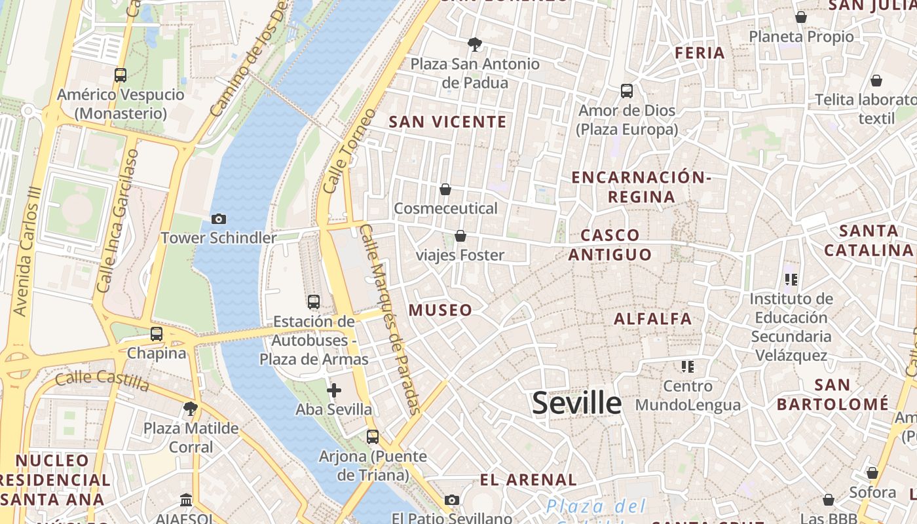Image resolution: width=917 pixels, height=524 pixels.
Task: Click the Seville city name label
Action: tap(576, 402)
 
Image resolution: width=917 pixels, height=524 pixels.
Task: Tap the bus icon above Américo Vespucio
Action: tap(120, 75)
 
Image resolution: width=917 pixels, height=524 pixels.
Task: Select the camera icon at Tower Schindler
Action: tap(219, 219)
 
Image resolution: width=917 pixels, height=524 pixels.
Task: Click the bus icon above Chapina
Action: tap(156, 334)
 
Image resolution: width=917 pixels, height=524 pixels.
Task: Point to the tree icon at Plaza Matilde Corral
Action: tap(191, 409)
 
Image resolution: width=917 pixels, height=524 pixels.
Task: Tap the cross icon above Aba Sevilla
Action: tap(334, 390)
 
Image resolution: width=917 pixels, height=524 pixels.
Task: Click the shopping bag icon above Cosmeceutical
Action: tap(445, 189)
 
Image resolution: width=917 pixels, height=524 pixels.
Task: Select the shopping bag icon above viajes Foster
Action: tap(460, 236)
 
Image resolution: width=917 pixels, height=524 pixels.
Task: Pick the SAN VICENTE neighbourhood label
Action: tap(448, 122)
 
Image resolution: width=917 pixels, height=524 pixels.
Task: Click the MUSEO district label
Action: tap(440, 310)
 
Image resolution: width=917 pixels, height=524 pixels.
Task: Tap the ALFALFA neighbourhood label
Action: tap(652, 319)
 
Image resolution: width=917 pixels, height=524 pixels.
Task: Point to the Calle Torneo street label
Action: tap(341, 151)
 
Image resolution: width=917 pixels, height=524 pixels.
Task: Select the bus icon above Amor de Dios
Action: tap(627, 91)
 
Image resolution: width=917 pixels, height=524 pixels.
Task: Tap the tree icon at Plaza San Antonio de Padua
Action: tap(475, 45)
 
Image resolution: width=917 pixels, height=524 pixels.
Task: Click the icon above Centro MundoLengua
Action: tap(687, 366)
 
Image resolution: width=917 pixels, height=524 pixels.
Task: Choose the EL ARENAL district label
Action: tap(528, 480)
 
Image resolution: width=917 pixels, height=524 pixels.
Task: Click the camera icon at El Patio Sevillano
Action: tap(451, 500)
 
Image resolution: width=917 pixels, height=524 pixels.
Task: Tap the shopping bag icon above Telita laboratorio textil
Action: tap(876, 81)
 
